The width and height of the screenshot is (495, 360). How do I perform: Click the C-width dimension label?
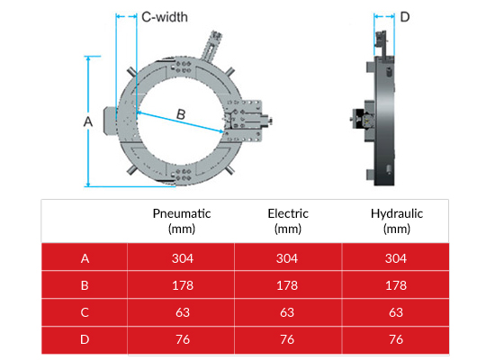165,17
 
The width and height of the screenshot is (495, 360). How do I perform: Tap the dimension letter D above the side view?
405,17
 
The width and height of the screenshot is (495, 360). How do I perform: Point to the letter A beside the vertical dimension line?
88,121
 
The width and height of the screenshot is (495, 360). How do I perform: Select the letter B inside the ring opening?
181,114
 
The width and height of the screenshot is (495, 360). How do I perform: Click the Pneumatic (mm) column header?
182,220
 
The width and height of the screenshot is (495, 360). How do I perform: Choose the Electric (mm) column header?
288,220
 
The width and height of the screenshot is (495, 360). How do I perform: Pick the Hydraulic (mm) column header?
397,220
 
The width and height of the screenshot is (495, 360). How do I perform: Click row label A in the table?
85,258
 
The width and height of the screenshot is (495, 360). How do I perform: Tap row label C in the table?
85,312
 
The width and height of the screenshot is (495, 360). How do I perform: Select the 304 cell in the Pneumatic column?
183,258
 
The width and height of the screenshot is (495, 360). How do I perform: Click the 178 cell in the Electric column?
287,285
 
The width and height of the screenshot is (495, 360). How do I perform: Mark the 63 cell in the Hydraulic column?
396,312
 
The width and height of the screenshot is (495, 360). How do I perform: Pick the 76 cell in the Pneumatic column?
183,339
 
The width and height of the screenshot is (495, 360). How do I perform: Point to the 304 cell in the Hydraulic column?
396,258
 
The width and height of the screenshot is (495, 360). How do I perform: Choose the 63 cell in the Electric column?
287,312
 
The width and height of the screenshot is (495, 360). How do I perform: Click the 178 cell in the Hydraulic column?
396,285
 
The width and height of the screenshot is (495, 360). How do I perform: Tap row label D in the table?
85,339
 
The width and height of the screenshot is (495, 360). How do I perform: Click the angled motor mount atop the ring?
211,45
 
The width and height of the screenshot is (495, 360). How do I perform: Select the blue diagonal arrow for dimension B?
181,121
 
